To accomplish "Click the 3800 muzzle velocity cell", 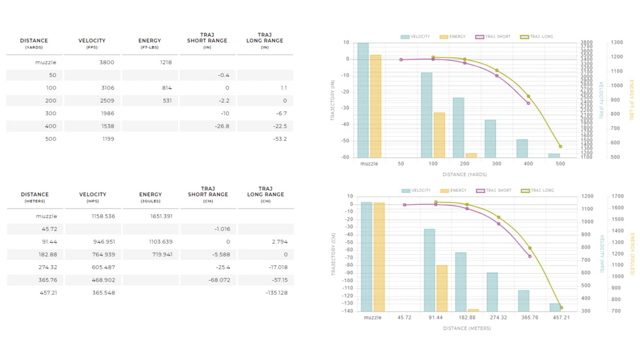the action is click(107, 62).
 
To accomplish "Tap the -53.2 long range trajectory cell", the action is click(280, 139).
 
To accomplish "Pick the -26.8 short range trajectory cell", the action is click(222, 126).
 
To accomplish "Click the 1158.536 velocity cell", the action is click(103, 216).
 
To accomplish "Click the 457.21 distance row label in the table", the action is click(48, 293).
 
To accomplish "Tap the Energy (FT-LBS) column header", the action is click(150, 43).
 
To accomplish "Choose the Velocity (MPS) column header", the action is click(93, 197).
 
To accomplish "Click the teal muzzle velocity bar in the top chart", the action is click(363, 100).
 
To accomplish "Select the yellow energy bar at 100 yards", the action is click(439, 135).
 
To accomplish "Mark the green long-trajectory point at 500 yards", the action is click(560, 147).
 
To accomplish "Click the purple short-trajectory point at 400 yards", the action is click(529, 103).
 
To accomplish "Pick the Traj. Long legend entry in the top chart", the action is click(537, 37).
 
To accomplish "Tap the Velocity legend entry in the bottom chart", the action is click(416, 190).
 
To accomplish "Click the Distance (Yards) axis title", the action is click(465, 174).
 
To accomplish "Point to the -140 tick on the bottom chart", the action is click(347, 311).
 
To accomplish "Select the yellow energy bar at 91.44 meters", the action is click(442, 288).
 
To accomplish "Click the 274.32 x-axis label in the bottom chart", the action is click(499, 317).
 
